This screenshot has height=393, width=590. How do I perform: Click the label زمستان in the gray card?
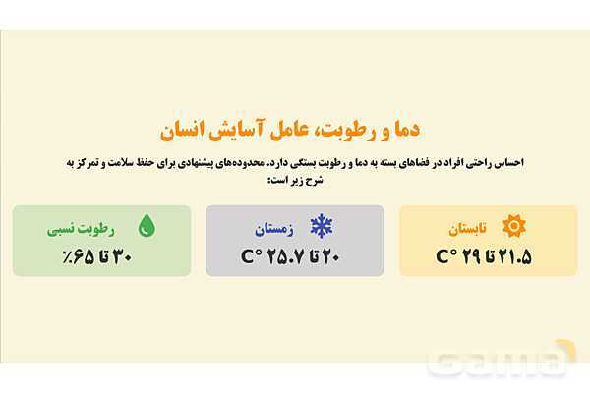coord(274,229)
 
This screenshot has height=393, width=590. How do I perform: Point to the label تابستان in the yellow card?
coord(467,229)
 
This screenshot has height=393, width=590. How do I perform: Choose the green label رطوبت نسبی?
coord(82,229)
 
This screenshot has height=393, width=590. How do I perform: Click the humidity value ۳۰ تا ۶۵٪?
coord(94,257)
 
